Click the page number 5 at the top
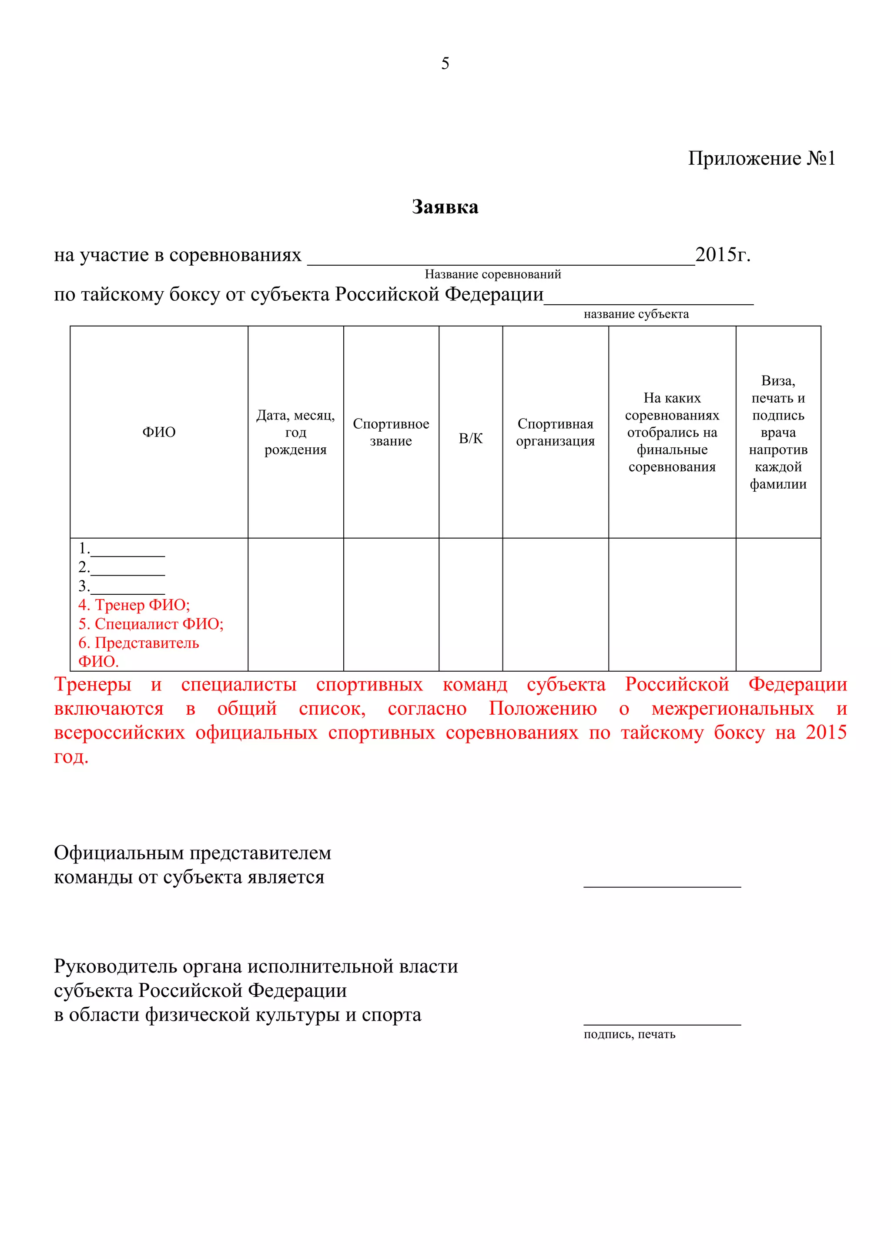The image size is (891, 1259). click(x=445, y=63)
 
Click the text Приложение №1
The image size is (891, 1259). click(x=761, y=159)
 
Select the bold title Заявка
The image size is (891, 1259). click(x=445, y=207)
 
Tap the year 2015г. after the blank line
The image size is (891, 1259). click(x=723, y=254)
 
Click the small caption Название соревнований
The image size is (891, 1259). click(x=492, y=274)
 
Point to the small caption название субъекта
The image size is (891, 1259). click(x=636, y=314)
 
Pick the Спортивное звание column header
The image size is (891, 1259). click(x=391, y=432)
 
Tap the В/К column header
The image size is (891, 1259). click(x=470, y=438)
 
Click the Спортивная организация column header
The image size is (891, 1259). click(x=555, y=432)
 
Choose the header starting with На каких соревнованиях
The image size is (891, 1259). click(x=672, y=432)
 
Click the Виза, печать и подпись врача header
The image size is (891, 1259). click(x=778, y=432)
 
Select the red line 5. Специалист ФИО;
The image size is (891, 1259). click(x=151, y=624)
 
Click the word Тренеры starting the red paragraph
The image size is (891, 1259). click(x=92, y=684)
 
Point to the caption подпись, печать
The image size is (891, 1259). click(x=629, y=1034)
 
